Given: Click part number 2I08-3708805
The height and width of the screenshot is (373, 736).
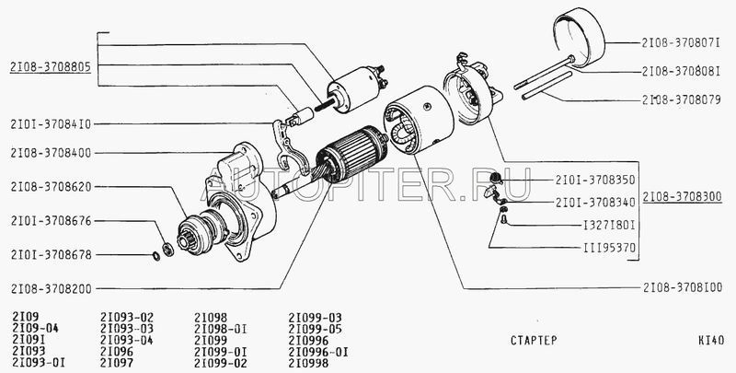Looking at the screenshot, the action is click(x=51, y=67).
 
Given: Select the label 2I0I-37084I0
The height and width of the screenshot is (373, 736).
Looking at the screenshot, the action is click(x=51, y=124).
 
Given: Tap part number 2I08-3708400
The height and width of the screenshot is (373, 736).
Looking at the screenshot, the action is click(x=51, y=153).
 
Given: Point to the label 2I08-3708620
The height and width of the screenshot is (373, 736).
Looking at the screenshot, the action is click(x=51, y=187).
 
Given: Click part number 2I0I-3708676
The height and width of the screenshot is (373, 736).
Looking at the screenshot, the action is click(x=51, y=221).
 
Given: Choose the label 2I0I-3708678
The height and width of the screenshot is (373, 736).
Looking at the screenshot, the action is click(x=51, y=255).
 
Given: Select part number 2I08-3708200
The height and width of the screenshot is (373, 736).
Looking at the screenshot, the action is click(x=51, y=288).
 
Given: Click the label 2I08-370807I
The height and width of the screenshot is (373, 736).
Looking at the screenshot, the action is click(x=681, y=42).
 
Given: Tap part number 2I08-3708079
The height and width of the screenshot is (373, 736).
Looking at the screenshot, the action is click(x=681, y=99).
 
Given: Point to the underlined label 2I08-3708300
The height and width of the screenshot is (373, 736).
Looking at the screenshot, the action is click(x=682, y=197).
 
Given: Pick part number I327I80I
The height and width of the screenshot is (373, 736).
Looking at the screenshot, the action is click(x=609, y=226).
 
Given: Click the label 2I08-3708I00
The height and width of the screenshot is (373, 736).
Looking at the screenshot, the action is click(x=683, y=287).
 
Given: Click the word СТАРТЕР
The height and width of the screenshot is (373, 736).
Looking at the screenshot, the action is click(x=534, y=340).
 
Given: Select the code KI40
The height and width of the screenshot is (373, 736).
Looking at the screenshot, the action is click(x=711, y=340).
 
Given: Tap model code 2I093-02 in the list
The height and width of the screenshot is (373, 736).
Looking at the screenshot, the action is click(x=127, y=318).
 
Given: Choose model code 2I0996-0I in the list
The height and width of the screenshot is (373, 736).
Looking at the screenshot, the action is click(x=318, y=352).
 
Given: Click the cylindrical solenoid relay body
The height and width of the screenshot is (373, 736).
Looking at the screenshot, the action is click(x=353, y=89).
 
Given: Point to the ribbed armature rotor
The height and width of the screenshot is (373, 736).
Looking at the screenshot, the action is click(x=351, y=153).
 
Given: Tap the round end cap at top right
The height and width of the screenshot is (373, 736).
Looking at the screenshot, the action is click(x=580, y=37).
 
